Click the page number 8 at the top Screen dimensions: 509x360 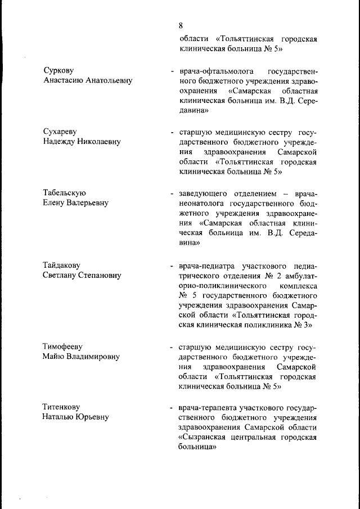[181, 25]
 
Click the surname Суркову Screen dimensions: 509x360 [59, 70]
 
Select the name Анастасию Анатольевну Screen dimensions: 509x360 [88, 80]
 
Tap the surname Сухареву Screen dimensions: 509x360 [61, 132]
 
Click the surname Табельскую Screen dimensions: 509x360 [65, 193]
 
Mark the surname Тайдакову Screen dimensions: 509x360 [62, 265]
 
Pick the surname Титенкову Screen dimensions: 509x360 [62, 407]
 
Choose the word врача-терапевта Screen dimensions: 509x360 [208, 407]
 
